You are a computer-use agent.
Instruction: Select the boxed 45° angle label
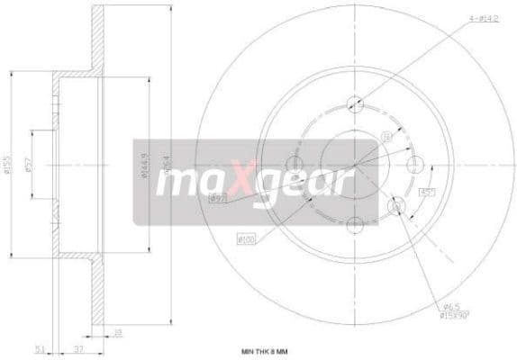(x=425, y=192)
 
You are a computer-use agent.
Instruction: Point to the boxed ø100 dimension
(x=246, y=238)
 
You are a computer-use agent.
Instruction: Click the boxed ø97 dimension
(x=217, y=199)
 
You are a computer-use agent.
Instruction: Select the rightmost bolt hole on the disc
(x=415, y=164)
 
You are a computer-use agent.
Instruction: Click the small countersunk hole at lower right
(x=396, y=208)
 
